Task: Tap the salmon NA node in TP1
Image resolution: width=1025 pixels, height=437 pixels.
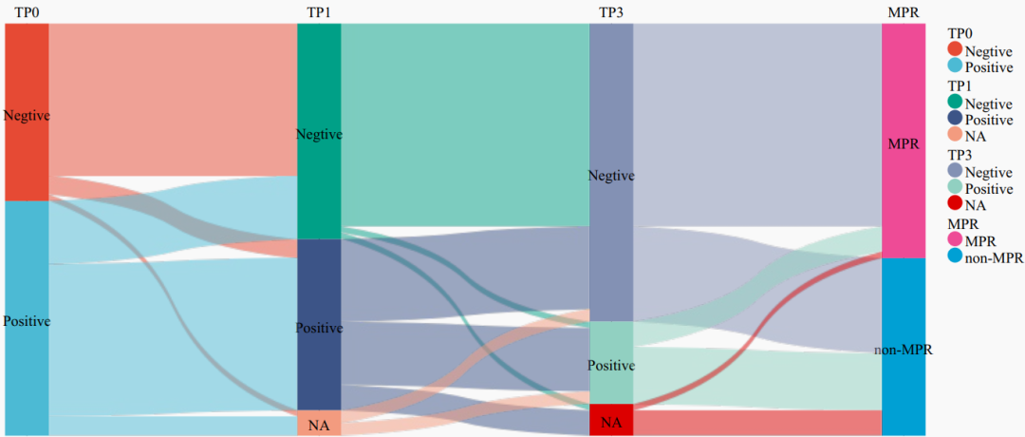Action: point(319,424)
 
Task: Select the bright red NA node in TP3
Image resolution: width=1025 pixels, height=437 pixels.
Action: point(611,420)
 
